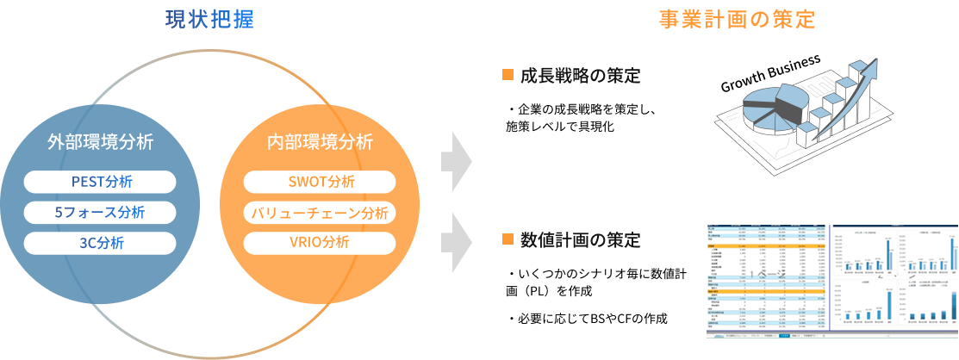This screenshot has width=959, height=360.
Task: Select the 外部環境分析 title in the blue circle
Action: click(101, 142)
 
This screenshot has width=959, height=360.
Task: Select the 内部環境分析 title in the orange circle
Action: click(320, 142)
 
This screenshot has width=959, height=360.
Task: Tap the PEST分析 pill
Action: click(101, 183)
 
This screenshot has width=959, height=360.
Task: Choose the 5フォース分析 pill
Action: click(101, 213)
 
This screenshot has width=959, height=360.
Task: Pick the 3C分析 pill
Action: click(101, 243)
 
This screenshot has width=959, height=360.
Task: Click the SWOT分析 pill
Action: click(320, 183)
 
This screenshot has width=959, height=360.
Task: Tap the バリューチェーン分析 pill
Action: click(320, 213)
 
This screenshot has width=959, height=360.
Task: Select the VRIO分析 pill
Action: click(320, 243)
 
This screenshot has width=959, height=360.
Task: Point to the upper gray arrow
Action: click(457, 161)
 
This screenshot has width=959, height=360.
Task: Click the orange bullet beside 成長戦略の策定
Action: click(508, 74)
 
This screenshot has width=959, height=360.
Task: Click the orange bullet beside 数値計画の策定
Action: click(508, 238)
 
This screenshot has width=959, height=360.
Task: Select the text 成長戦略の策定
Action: click(580, 75)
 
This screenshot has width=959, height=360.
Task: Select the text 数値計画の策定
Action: click(580, 239)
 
